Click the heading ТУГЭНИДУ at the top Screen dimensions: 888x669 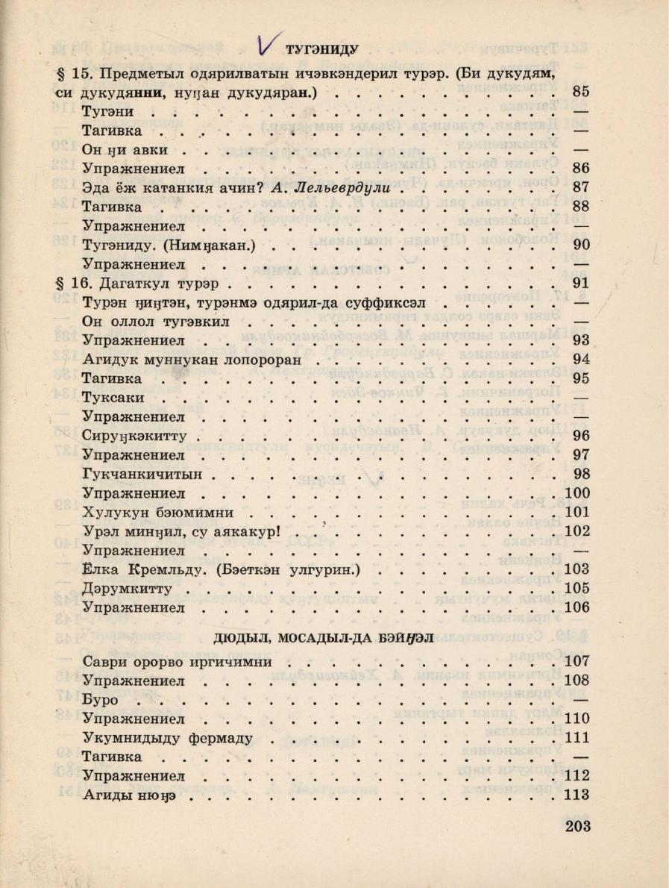click(323, 50)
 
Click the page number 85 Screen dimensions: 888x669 click(581, 93)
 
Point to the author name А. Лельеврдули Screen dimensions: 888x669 click(331, 187)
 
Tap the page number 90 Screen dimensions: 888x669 click(581, 244)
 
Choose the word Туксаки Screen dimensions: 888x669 click(113, 398)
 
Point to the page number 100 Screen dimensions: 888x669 click(577, 493)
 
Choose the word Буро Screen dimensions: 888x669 click(101, 700)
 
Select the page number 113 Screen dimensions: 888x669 click(577, 795)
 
